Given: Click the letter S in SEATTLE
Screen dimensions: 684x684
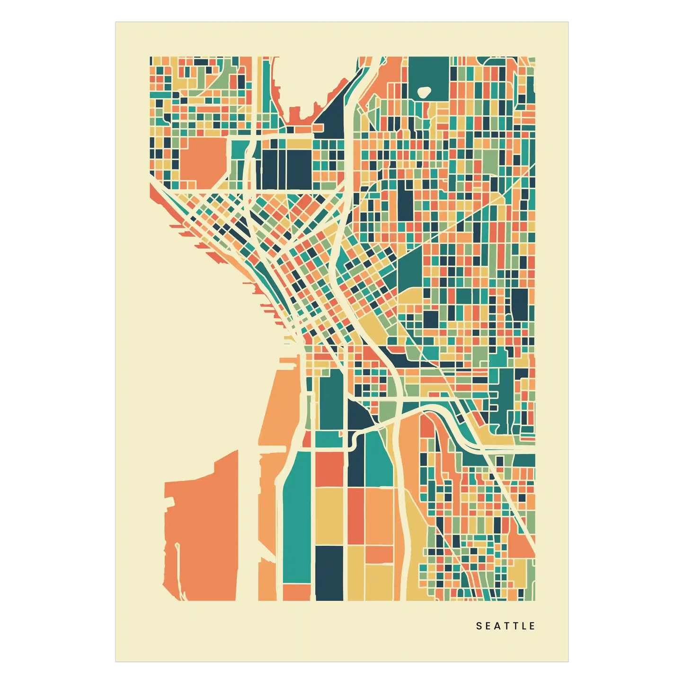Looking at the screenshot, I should pos(479,626).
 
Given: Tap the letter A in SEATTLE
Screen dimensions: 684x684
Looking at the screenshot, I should pos(497,626).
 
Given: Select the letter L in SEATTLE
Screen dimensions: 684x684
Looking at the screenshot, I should pos(524,626).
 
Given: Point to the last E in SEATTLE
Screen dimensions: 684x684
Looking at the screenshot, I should pos(533,626).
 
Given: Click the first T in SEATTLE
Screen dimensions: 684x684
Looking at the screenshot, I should pos(506,626).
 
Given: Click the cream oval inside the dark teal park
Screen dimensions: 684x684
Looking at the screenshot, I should pos(424,92).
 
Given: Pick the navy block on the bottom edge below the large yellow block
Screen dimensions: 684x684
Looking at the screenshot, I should pos(329,572).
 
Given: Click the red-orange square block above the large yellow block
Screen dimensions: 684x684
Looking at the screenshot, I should pos(329,469).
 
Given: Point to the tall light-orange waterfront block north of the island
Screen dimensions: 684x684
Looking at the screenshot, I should pos(279,407).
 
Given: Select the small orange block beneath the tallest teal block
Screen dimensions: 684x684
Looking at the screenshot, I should pos(297,592).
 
